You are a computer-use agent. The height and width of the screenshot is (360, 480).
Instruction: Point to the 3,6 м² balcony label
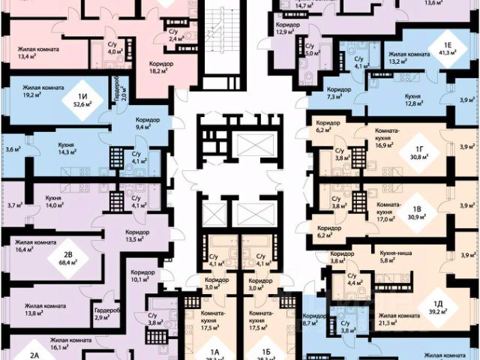12,149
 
